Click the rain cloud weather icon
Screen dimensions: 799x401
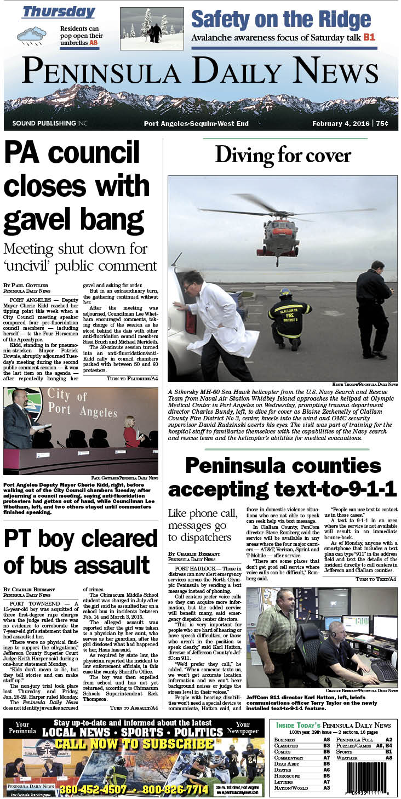coord(31,36)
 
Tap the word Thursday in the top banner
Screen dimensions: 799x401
coord(59,12)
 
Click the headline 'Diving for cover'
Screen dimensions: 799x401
coord(283,155)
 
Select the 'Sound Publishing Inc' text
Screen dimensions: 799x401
coord(49,124)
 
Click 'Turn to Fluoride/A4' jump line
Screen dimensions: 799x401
coord(131,378)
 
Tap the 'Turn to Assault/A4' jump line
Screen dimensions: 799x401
coord(134,707)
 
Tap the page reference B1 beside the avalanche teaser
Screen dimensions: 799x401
coord(369,37)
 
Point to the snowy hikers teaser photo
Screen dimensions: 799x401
coord(152,28)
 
